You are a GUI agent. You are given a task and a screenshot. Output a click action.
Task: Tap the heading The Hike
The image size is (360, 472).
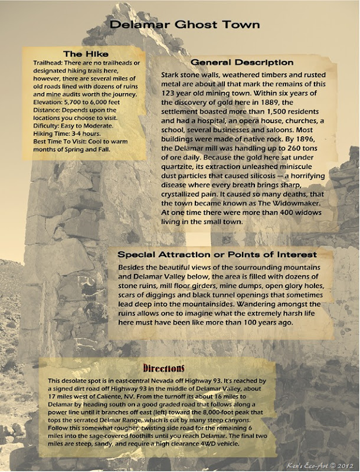(86, 54)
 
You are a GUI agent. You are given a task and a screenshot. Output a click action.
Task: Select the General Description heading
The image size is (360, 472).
(242, 62)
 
